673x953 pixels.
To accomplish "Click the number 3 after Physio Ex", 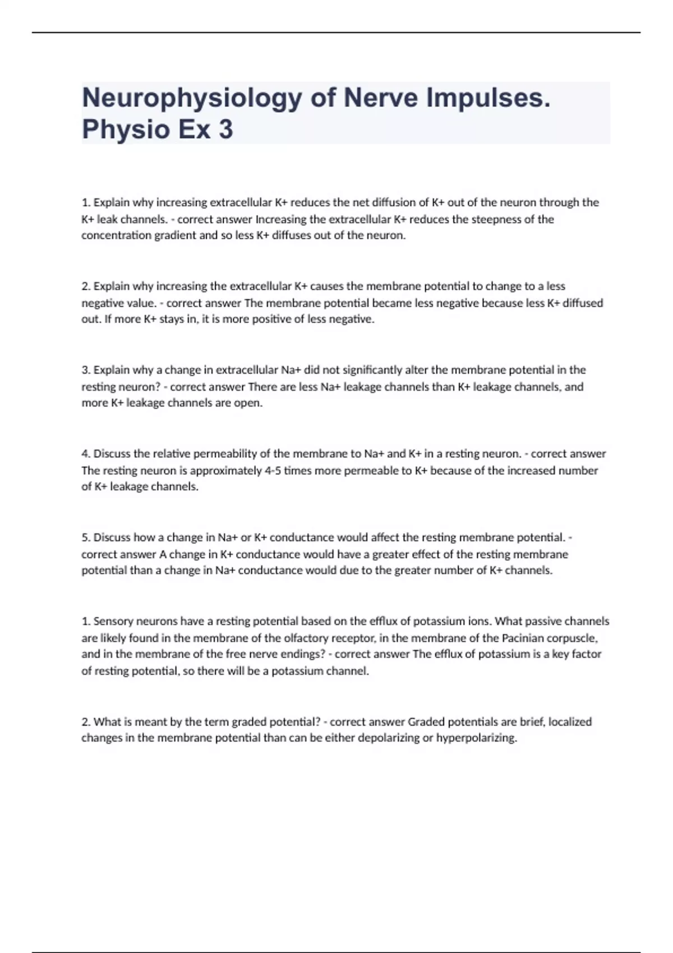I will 225,129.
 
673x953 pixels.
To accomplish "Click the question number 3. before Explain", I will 86,370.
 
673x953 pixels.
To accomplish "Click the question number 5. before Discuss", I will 86,538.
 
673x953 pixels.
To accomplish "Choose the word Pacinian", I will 523,638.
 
